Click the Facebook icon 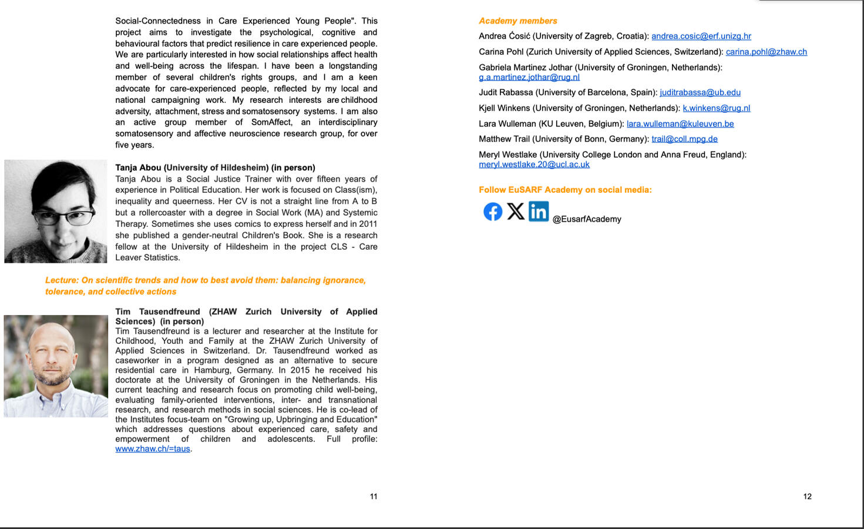[x=493, y=212]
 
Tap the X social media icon [x=516, y=212]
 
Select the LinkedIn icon [x=539, y=212]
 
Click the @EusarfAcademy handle [x=587, y=219]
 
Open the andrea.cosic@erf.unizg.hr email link [x=701, y=36]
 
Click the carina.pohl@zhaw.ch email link [x=766, y=52]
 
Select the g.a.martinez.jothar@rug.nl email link [x=529, y=77]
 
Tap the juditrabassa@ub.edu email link [x=700, y=92]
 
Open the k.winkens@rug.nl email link [x=716, y=108]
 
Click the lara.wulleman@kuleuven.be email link [x=680, y=124]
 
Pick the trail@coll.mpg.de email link [x=684, y=139]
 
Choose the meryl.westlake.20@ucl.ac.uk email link [x=534, y=165]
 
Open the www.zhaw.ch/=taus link [x=153, y=449]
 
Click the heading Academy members [x=517, y=21]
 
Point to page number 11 [x=374, y=497]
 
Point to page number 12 [x=807, y=497]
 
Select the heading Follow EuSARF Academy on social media [x=565, y=190]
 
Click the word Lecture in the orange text [x=61, y=280]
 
